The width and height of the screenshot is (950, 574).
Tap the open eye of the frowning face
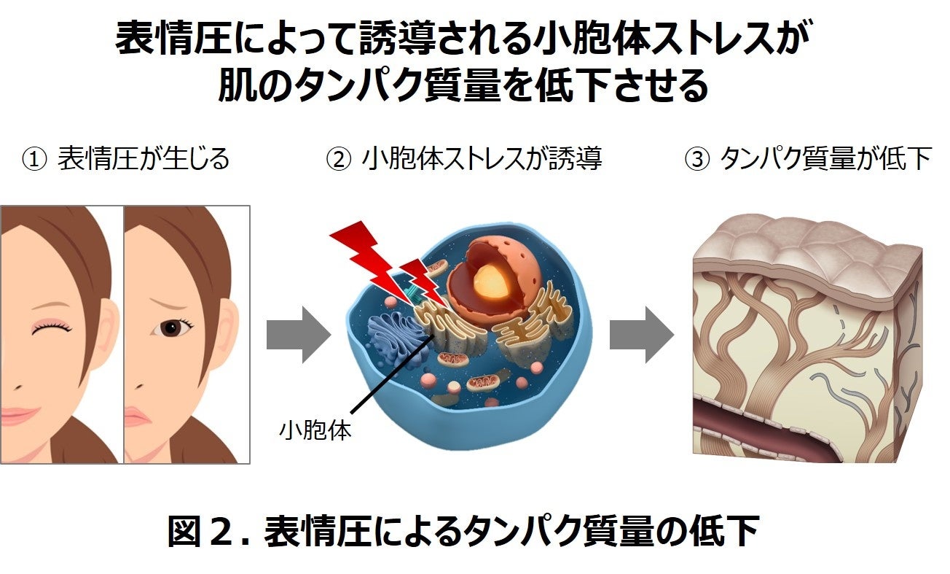point(173,329)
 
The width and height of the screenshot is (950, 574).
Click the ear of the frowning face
point(228,325)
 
